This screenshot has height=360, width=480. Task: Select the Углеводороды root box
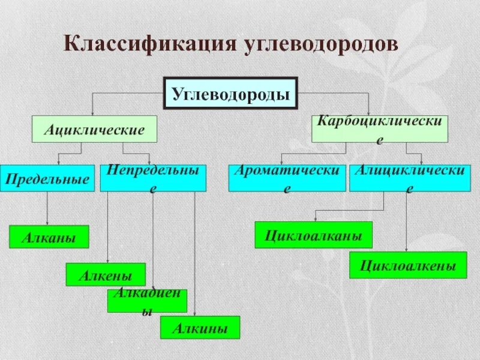tap(231, 94)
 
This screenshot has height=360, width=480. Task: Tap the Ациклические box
tap(94, 129)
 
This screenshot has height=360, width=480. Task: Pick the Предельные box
tap(47, 178)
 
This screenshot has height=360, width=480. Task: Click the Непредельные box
tap(153, 178)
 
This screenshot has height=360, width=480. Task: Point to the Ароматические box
tap(287, 178)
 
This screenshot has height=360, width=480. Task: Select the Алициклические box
tap(410, 178)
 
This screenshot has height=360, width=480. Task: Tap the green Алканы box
tap(49, 237)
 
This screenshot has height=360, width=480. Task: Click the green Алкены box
tap(106, 274)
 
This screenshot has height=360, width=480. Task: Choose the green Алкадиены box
tap(148, 301)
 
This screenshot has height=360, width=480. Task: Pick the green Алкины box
tap(200, 328)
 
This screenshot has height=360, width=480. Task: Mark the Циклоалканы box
tap(314, 235)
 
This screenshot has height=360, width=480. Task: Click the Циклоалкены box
tap(408, 265)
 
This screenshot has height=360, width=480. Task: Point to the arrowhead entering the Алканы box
tap(47, 223)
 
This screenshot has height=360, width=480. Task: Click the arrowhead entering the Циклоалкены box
tap(408, 249)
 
